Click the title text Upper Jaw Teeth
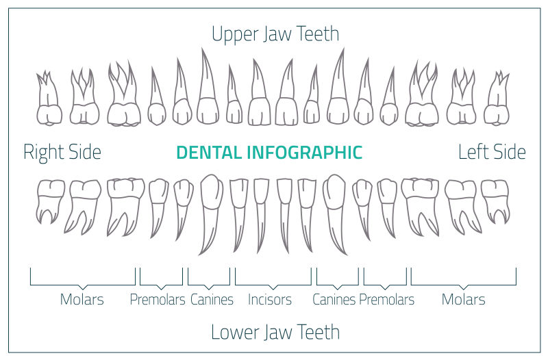[x=275, y=34]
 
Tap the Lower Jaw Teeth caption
[x=275, y=333]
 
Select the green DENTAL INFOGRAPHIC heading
[x=269, y=152]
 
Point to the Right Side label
[x=62, y=152]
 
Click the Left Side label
[x=492, y=152]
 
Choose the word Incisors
[x=270, y=300]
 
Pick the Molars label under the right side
[x=82, y=300]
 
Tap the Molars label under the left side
[x=464, y=300]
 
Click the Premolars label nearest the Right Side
[x=158, y=300]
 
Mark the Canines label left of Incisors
[x=212, y=300]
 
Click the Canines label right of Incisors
[x=334, y=300]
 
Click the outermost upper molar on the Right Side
[x=49, y=103]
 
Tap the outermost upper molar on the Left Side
[x=497, y=103]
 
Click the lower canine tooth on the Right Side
[x=211, y=205]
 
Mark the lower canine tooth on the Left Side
[x=335, y=205]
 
